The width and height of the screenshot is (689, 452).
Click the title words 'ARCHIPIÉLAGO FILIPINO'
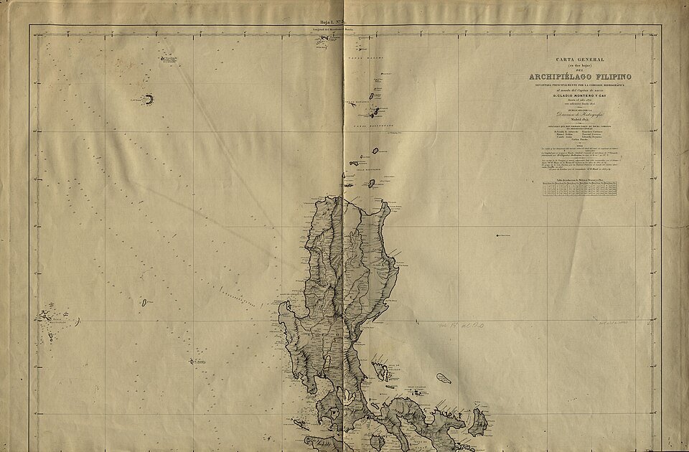tap(580, 76)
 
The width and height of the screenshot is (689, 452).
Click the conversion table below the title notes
tap(579, 188)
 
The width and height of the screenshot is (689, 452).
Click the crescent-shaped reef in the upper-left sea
tap(148, 100)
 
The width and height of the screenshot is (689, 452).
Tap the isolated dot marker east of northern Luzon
tap(497, 235)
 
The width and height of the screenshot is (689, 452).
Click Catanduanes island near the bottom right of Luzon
tap(478, 422)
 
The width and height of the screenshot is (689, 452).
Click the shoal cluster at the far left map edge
tap(47, 316)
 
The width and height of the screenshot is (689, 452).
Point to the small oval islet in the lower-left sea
tap(144, 303)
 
